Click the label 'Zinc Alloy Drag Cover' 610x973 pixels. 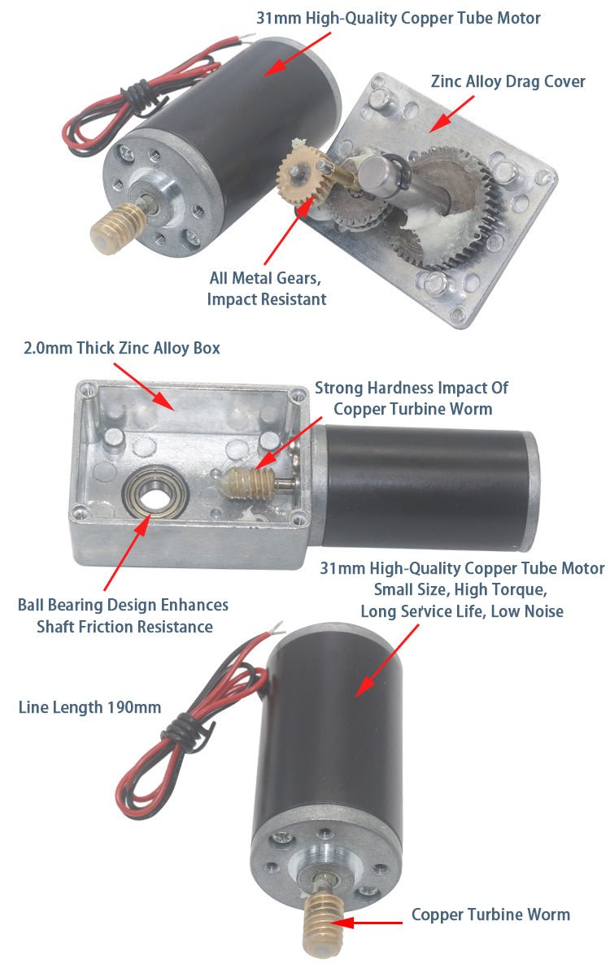[x=508, y=81]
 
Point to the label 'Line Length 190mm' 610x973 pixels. [x=89, y=707]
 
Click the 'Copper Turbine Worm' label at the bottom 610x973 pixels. [x=490, y=914]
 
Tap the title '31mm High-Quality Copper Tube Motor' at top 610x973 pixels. [x=399, y=18]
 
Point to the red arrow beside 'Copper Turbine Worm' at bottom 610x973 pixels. [x=369, y=923]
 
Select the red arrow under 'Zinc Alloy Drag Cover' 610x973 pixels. [x=452, y=111]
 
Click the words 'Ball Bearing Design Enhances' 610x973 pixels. [x=123, y=605]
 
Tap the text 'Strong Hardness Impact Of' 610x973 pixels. [x=411, y=388]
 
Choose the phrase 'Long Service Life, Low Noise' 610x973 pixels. [x=462, y=610]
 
